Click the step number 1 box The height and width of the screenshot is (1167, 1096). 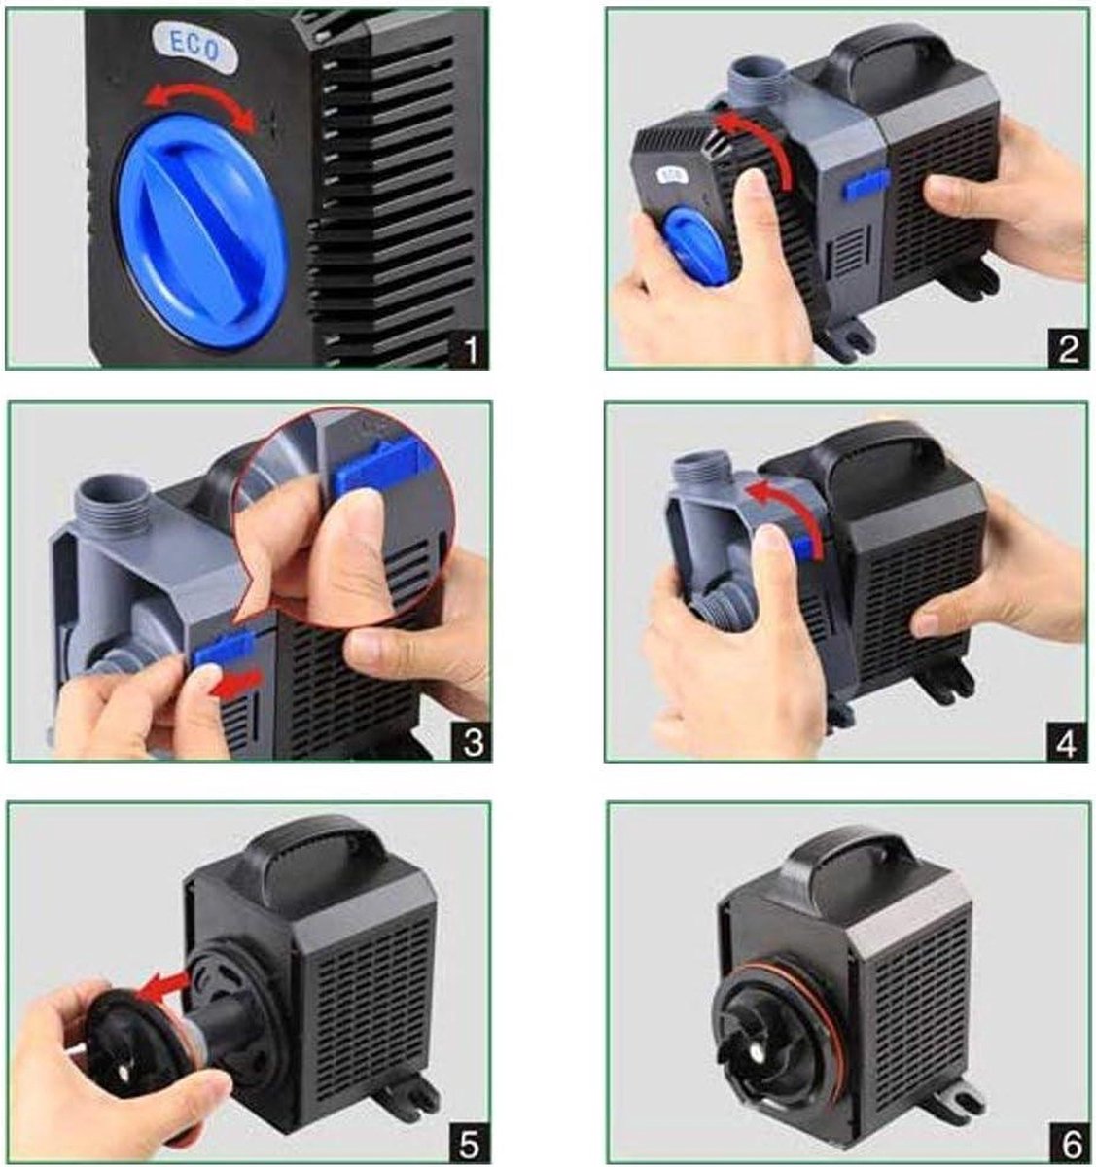coord(469,349)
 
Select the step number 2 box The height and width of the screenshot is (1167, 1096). coord(1068,349)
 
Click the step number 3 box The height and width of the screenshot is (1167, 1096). coord(472,742)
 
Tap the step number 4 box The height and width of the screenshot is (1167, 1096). coord(1066,743)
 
